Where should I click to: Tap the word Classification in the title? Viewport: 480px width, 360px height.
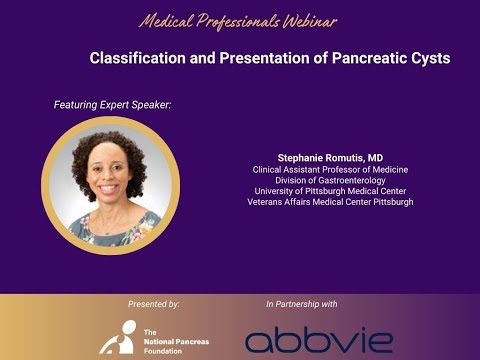[x=136, y=58]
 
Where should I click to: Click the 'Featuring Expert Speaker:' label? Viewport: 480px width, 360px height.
[x=113, y=104]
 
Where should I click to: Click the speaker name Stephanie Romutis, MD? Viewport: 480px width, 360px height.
[x=330, y=158]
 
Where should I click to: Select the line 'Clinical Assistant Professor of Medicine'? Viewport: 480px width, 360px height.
[x=330, y=169]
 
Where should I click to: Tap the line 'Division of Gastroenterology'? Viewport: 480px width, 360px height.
[x=330, y=180]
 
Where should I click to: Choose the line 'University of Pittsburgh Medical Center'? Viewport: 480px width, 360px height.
[x=330, y=191]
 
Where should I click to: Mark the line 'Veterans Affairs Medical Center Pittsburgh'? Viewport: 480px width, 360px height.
[x=330, y=202]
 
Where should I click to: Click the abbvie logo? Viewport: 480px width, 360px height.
[x=318, y=339]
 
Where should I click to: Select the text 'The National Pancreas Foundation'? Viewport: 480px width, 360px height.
[x=163, y=340]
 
